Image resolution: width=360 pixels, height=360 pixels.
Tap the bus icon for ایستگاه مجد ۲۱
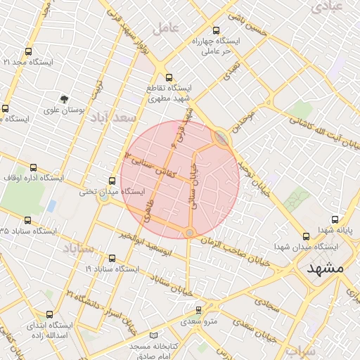pos(28,52)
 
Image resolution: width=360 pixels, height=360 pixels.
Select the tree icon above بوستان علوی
pos(64,99)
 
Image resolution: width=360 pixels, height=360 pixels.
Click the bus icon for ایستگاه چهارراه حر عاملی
pos(216,31)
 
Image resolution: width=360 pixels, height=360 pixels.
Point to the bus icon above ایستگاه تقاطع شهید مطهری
pos(168,77)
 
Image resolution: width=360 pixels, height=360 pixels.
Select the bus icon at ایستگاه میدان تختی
pos(112,181)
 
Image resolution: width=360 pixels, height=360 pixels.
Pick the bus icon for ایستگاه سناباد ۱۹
pos(112,258)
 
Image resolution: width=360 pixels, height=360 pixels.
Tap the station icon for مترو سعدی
pos(198,309)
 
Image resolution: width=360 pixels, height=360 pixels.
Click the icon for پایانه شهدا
pos(334,220)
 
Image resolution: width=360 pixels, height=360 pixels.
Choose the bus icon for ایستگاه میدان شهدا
pos(305,237)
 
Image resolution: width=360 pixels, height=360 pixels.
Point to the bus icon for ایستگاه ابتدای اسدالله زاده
pos(49,314)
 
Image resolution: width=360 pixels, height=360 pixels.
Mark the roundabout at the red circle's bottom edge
pos(189,233)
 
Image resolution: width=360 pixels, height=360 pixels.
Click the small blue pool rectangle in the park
pos(51,206)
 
